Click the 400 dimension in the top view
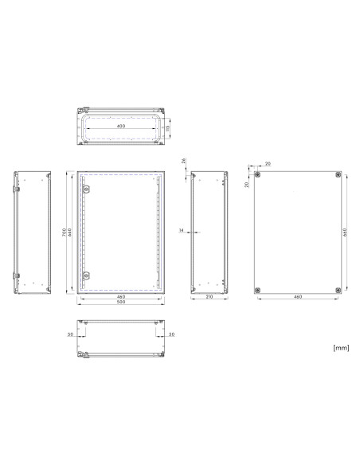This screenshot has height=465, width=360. pyautogui.click(x=121, y=126)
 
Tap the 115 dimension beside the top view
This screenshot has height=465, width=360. pyautogui.click(x=167, y=128)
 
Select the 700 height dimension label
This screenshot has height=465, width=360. pyautogui.click(x=64, y=232)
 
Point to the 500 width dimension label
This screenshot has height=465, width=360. pyautogui.click(x=121, y=302)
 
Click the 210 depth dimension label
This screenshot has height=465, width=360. pyautogui.click(x=209, y=296)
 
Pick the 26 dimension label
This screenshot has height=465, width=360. pyautogui.click(x=183, y=161)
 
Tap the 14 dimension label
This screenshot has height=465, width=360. pyautogui.click(x=182, y=230)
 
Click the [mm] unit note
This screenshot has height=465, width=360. pyautogui.click(x=341, y=348)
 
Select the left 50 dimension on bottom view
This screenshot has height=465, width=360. pyautogui.click(x=70, y=334)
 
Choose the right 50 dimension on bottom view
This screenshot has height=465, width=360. pyautogui.click(x=172, y=334)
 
